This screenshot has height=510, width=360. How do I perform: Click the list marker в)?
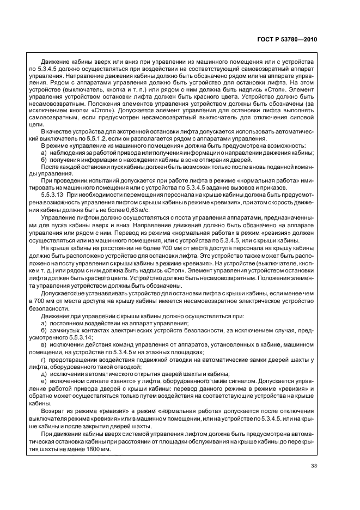click(x=44, y=345)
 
